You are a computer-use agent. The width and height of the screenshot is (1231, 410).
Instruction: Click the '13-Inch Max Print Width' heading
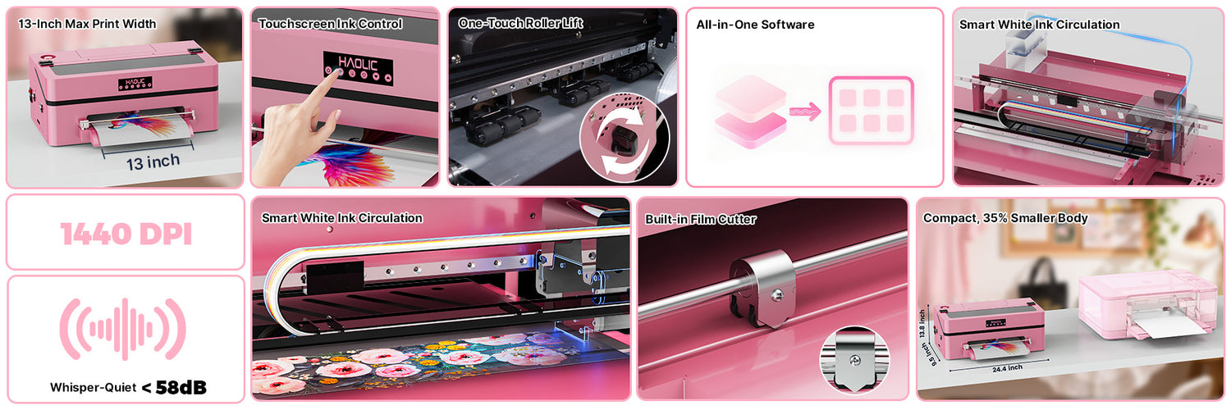point(87,24)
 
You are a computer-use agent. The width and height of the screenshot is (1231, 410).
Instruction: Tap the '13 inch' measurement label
point(153,162)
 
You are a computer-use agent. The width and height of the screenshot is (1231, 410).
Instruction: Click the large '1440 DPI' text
point(126,235)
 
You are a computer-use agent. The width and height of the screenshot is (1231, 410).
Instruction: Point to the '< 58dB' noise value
point(174,388)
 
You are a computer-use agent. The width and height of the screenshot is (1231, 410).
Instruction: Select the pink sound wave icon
point(123,330)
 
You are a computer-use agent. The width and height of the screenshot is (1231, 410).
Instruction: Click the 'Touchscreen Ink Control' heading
point(330,24)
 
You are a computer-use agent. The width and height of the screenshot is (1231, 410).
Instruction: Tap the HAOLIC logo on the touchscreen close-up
point(358,63)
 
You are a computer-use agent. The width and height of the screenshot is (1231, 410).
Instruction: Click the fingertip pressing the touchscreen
point(339,74)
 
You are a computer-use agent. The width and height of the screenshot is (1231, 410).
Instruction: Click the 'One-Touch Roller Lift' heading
point(520,23)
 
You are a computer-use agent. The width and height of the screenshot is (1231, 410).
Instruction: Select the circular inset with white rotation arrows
point(624,137)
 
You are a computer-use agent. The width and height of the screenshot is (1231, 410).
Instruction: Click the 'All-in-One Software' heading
point(755,25)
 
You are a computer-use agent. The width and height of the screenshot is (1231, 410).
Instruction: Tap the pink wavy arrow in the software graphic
point(805,112)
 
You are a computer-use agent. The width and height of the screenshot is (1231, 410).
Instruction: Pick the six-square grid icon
point(871,111)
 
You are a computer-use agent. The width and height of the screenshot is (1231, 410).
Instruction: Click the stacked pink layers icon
point(750,112)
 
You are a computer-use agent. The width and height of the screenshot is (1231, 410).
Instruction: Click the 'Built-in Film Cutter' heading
point(701,220)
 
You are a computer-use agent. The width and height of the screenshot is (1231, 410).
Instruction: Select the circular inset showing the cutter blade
point(854,361)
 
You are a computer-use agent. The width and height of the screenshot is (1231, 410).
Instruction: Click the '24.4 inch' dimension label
point(1007,368)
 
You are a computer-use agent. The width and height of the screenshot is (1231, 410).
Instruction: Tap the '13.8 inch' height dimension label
point(922,324)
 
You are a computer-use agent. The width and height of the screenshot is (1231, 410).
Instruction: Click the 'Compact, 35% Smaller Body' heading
point(1005,218)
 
